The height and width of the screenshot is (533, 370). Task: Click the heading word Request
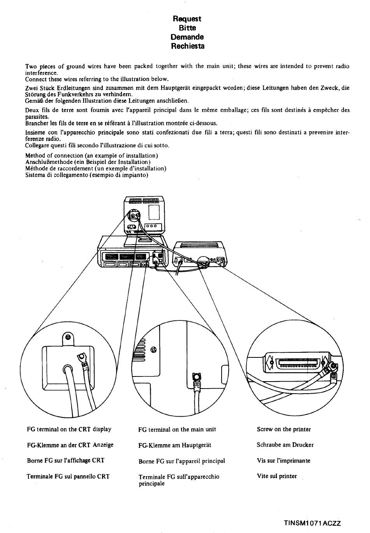187,19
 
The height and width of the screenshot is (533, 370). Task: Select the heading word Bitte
187,28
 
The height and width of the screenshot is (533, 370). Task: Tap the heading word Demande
187,37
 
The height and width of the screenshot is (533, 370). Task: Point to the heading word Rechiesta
187,46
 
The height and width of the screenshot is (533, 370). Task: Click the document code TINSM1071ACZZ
312,523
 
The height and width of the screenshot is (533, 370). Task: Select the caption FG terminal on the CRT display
69,429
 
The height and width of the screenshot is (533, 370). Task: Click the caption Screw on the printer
284,429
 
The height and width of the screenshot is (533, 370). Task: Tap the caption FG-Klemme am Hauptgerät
175,445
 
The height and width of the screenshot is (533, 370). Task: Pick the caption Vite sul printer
277,476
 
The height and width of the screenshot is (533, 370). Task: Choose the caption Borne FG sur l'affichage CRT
66,461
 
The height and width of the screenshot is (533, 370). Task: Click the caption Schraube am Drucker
285,445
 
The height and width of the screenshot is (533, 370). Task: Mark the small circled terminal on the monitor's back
134,215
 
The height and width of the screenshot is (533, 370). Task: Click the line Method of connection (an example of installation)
92,156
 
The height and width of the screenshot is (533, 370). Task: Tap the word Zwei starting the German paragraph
32,88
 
